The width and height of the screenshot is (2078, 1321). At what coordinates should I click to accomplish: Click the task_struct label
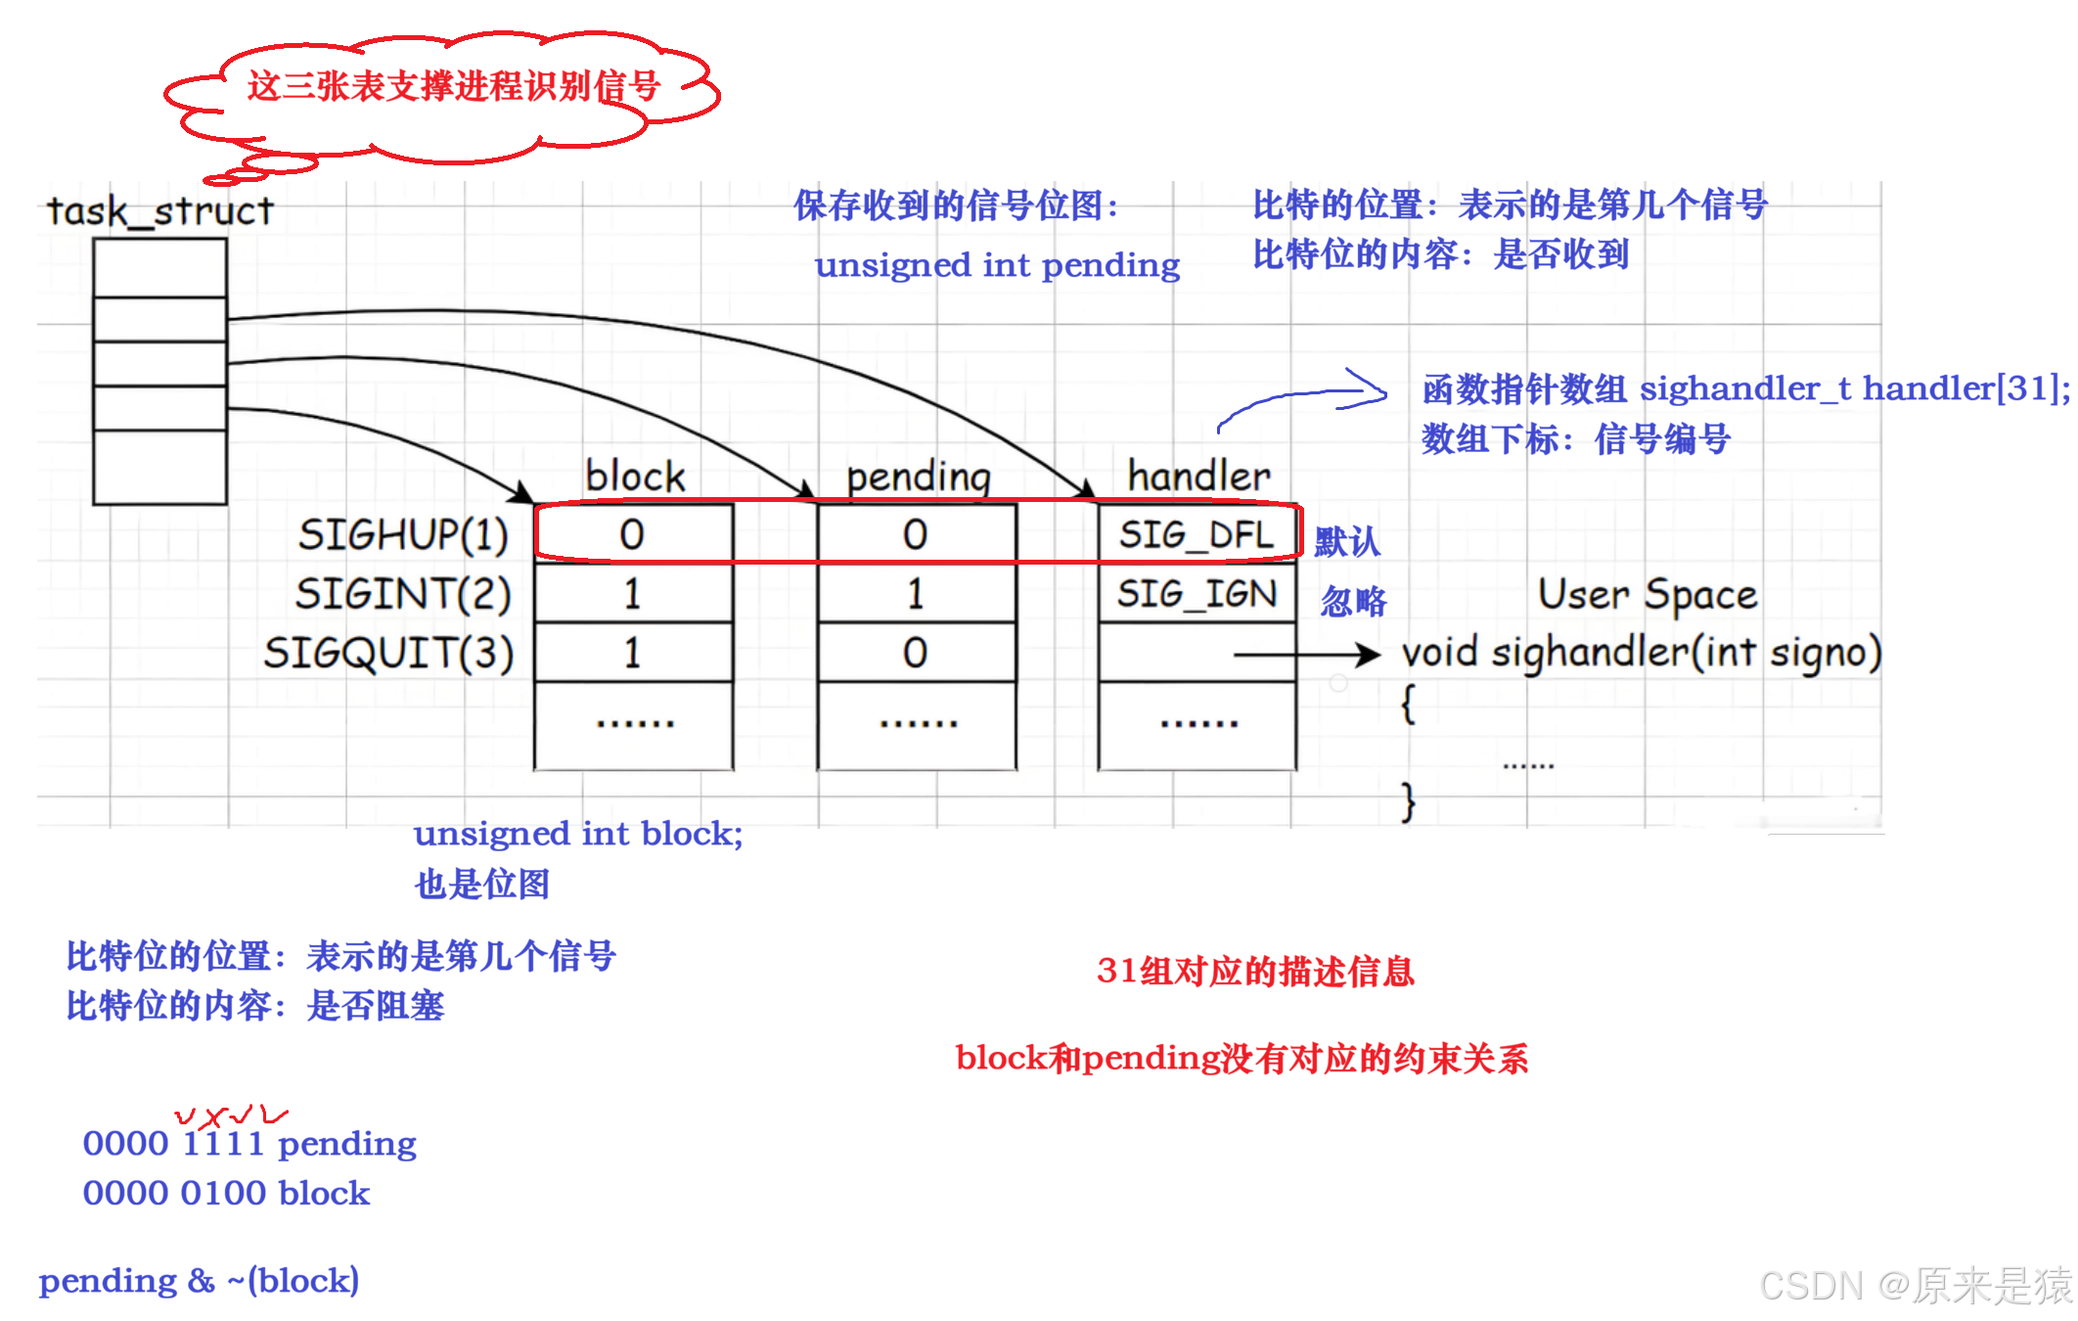click(x=160, y=211)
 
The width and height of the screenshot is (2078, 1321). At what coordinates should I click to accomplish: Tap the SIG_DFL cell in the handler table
click(x=1197, y=534)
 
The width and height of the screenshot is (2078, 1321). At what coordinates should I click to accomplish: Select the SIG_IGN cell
click(x=1197, y=594)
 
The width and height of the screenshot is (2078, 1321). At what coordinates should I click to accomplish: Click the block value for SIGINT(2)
click(x=632, y=594)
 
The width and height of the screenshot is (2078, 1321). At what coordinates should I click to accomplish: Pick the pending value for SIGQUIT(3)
click(x=915, y=653)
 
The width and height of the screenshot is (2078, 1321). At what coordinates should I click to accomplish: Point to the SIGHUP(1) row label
click(x=403, y=534)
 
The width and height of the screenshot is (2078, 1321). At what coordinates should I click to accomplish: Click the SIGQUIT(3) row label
click(x=388, y=653)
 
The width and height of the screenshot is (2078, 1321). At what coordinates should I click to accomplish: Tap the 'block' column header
click(x=635, y=477)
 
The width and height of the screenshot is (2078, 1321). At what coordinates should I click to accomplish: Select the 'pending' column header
click(x=918, y=478)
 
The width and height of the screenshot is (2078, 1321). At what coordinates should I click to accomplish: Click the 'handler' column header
click(x=1198, y=477)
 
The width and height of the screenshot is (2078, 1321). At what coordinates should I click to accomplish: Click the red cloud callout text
click(x=453, y=87)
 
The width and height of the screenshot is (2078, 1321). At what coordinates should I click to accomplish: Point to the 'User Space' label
click(x=1647, y=595)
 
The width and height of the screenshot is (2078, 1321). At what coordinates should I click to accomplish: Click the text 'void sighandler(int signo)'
click(x=1641, y=653)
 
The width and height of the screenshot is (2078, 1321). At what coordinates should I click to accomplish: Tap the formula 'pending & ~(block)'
click(x=199, y=1281)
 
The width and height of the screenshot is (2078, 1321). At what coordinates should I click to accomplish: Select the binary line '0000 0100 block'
click(x=226, y=1193)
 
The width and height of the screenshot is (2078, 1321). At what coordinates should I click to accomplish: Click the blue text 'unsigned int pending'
click(x=997, y=265)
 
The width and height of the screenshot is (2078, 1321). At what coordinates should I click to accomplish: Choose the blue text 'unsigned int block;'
click(x=578, y=834)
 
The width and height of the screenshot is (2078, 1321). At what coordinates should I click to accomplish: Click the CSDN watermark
click(x=1915, y=1286)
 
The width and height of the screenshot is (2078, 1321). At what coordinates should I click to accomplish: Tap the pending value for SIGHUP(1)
click(x=915, y=534)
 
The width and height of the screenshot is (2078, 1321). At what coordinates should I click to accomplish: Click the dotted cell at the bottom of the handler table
click(x=1198, y=725)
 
